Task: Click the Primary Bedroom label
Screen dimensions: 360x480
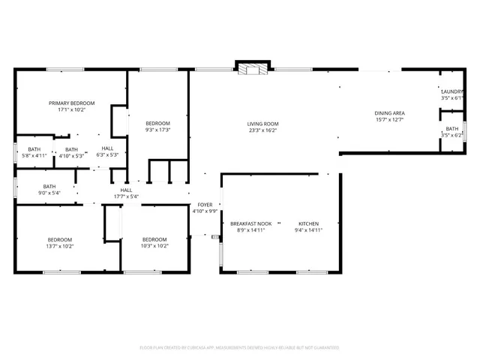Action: [x=72, y=103]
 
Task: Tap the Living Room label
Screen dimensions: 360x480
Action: [x=263, y=124]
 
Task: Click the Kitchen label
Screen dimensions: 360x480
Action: [x=309, y=224]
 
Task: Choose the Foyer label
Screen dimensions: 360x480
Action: [x=205, y=205]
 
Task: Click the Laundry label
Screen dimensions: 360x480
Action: [x=452, y=91]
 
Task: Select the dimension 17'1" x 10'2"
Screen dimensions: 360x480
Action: [x=72, y=109]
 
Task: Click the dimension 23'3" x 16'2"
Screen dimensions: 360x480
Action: [x=263, y=130]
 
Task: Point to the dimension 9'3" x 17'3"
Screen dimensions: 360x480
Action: [x=157, y=130]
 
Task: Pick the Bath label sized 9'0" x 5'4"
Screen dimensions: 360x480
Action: [x=49, y=187]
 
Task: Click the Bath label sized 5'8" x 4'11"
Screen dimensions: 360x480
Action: [x=34, y=148]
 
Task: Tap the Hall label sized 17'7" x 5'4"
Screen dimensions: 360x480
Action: [x=126, y=190]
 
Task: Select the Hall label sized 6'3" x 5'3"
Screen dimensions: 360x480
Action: [x=108, y=148]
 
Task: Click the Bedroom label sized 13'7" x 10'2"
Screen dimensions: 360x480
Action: [x=59, y=239]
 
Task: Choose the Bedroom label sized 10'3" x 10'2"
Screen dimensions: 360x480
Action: [x=154, y=239]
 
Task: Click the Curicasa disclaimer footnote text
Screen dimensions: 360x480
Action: [x=239, y=347]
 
